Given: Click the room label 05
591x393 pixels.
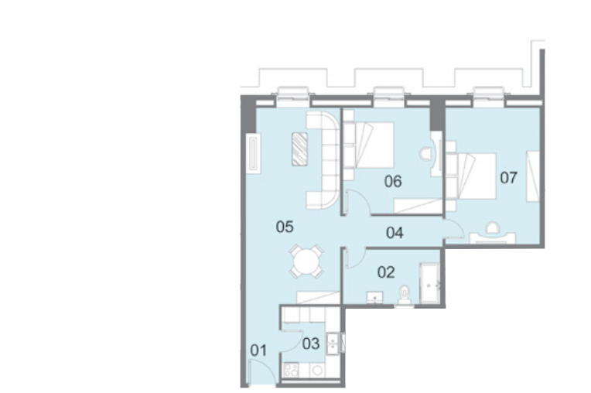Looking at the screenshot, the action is pyautogui.click(x=285, y=227).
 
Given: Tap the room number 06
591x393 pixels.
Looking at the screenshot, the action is pyautogui.click(x=393, y=182).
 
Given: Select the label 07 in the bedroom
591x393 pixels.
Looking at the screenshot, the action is pyautogui.click(x=508, y=177).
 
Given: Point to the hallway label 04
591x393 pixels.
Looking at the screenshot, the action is pyautogui.click(x=395, y=233).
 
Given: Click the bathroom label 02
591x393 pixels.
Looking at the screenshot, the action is pyautogui.click(x=386, y=272).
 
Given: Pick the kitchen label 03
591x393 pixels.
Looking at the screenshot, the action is pyautogui.click(x=310, y=343).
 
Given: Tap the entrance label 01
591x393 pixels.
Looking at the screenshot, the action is pyautogui.click(x=258, y=350).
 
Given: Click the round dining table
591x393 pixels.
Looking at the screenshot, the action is pyautogui.click(x=306, y=261).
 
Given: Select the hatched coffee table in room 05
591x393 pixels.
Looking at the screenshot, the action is pyautogui.click(x=299, y=149).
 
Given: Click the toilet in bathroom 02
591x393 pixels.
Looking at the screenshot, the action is pyautogui.click(x=405, y=294).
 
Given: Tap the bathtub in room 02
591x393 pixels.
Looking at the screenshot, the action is pyautogui.click(x=429, y=283).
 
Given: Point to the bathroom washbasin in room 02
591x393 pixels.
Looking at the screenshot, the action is pyautogui.click(x=374, y=297).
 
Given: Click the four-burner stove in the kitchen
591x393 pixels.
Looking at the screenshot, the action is pyautogui.click(x=291, y=369).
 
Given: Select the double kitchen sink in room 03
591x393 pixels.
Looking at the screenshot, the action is pyautogui.click(x=332, y=343).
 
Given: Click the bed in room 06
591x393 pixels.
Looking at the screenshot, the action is pyautogui.click(x=368, y=145).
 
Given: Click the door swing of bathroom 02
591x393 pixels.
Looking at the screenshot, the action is pyautogui.click(x=354, y=258).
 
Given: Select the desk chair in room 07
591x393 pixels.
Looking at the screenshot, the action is pyautogui.click(x=492, y=228).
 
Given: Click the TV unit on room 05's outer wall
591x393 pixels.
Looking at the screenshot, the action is pyautogui.click(x=253, y=153).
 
